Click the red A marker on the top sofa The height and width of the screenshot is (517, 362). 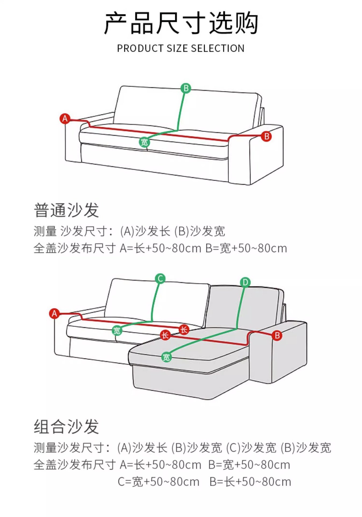(x=65, y=118)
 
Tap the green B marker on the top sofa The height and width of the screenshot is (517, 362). (x=186, y=88)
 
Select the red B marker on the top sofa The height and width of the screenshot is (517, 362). (x=266, y=136)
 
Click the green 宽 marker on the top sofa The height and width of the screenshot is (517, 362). (x=144, y=142)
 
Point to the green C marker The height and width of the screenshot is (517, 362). (x=160, y=278)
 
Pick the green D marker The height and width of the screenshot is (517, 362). (x=245, y=282)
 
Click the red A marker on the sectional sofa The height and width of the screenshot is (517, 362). (x=55, y=313)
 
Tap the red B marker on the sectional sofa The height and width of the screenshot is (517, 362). (x=277, y=336)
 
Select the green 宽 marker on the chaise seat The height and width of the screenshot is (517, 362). (x=166, y=357)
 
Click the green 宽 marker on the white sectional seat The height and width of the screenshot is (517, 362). (x=117, y=331)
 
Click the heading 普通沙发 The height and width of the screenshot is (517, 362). (x=66, y=210)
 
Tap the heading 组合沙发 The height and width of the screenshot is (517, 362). (x=66, y=427)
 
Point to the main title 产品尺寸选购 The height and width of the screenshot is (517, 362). (x=181, y=23)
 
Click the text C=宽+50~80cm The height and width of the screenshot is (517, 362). (x=159, y=482)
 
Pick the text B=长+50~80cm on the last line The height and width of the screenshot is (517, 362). (x=250, y=482)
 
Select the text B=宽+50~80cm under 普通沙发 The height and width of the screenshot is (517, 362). (x=246, y=248)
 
